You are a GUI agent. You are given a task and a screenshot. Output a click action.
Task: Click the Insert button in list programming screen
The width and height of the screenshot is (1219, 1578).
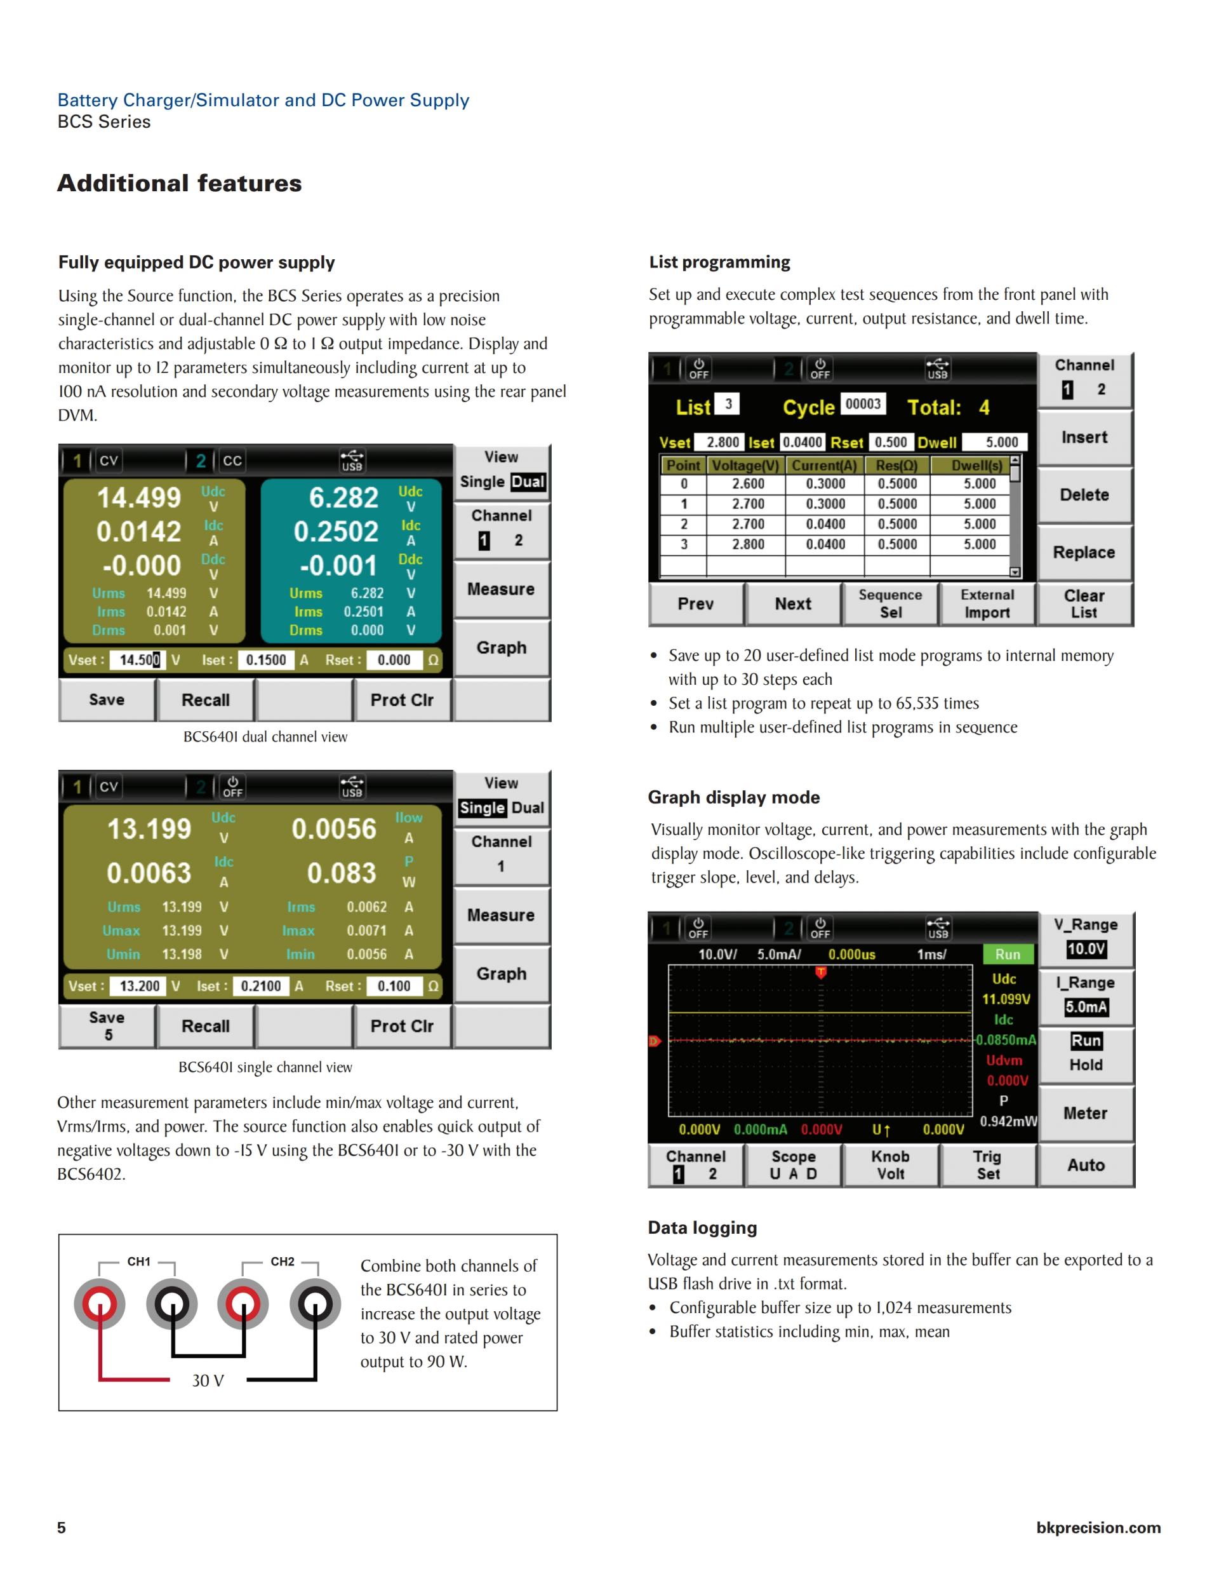(1084, 438)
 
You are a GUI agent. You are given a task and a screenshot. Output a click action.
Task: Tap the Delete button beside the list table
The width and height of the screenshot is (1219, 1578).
(1084, 495)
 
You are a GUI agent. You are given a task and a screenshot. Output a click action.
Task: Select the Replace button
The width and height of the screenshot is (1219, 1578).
(1084, 553)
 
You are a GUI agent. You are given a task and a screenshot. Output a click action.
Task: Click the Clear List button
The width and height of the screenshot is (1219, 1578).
(1084, 604)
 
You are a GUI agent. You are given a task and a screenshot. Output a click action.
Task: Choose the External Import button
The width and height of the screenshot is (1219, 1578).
(987, 604)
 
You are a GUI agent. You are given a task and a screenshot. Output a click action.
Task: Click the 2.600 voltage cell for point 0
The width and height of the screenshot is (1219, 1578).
(747, 484)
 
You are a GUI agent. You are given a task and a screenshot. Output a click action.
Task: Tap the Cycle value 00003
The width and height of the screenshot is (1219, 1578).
(863, 404)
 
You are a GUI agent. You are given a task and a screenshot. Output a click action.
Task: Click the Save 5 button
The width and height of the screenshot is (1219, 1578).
(107, 1026)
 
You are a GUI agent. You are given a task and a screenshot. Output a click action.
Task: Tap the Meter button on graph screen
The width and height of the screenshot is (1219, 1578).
(1084, 1114)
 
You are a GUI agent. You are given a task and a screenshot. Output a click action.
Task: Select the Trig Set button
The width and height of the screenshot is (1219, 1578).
(988, 1166)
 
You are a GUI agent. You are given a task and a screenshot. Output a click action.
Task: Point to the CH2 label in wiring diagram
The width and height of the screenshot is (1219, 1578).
(283, 1262)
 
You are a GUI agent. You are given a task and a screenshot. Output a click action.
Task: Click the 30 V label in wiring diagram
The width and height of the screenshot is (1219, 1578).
(208, 1381)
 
